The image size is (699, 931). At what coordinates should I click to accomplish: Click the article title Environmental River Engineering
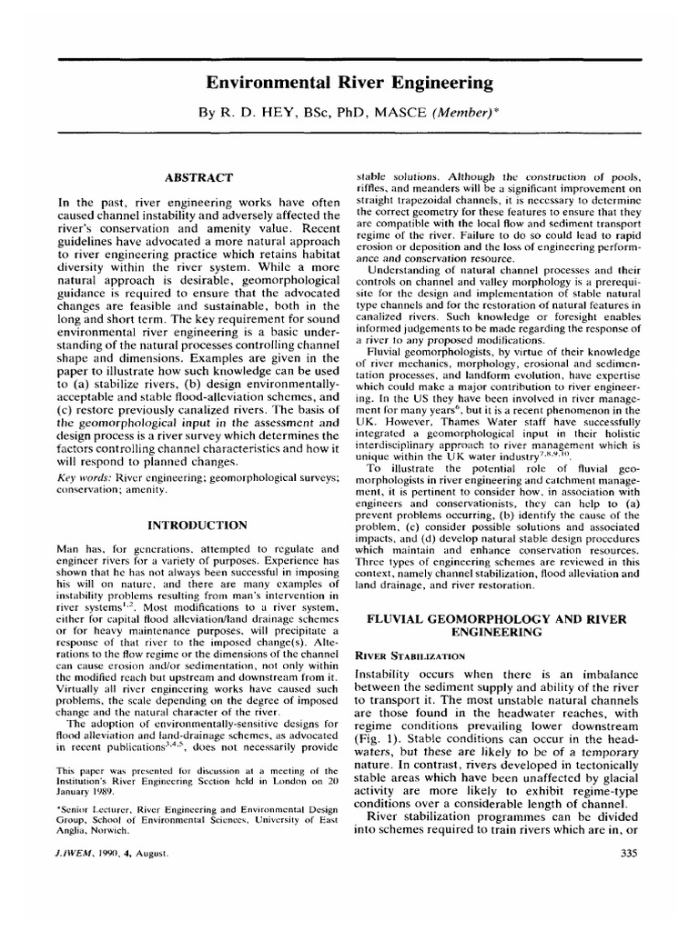(x=349, y=84)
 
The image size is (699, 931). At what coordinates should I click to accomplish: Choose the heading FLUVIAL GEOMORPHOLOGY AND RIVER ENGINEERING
(x=497, y=625)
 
